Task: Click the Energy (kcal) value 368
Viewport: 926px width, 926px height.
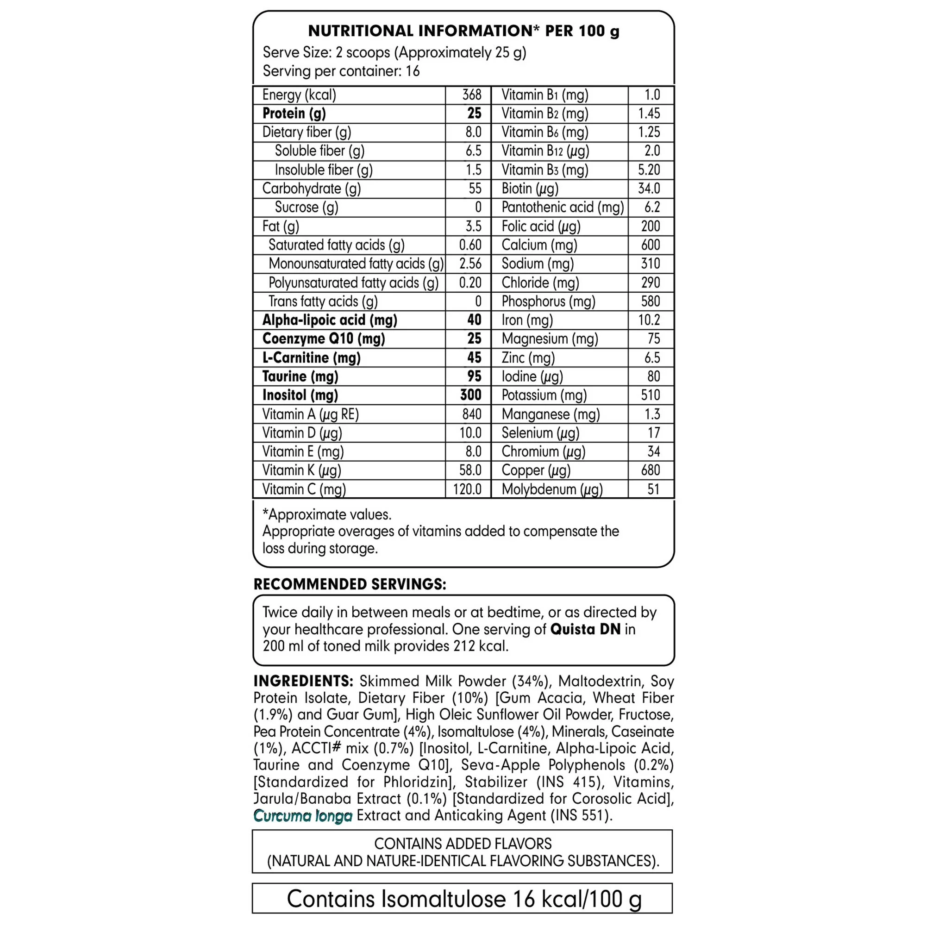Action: point(471,95)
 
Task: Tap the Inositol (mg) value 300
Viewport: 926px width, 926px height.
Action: point(470,395)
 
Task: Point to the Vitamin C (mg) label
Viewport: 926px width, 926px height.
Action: point(304,489)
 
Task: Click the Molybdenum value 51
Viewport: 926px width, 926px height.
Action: point(653,489)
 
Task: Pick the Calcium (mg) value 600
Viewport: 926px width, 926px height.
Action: point(651,245)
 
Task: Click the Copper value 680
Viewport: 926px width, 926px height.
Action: point(651,470)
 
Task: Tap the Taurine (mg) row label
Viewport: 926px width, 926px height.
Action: point(300,376)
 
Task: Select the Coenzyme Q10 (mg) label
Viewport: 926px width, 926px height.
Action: point(324,339)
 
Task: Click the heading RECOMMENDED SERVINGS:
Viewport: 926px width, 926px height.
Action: point(350,584)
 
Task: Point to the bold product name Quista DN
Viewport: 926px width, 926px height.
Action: point(585,629)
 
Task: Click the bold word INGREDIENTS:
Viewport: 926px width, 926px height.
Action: point(303,681)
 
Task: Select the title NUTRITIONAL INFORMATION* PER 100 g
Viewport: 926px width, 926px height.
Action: point(463,31)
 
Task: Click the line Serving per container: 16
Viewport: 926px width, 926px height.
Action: point(341,71)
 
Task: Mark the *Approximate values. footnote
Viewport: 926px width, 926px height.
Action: point(327,515)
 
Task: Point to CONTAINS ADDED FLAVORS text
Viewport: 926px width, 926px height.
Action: point(463,844)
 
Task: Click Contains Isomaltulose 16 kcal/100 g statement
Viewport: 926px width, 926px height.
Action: point(463,899)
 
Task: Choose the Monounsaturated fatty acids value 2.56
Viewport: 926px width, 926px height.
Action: point(469,263)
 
